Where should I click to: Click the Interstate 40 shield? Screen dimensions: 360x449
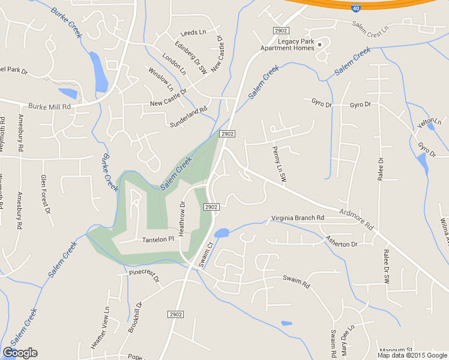click(356, 8)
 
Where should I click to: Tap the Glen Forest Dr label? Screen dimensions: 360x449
click(44, 194)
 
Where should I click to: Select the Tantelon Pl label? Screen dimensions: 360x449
click(157, 239)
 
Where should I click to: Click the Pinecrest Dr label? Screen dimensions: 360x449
click(144, 276)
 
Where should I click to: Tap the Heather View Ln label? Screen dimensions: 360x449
click(100, 328)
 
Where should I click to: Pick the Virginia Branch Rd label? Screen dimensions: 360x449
click(297, 217)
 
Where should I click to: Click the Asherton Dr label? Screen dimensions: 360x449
click(341, 244)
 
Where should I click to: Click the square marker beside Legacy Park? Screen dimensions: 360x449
click(319, 44)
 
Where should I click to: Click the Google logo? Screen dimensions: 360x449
click(20, 353)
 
